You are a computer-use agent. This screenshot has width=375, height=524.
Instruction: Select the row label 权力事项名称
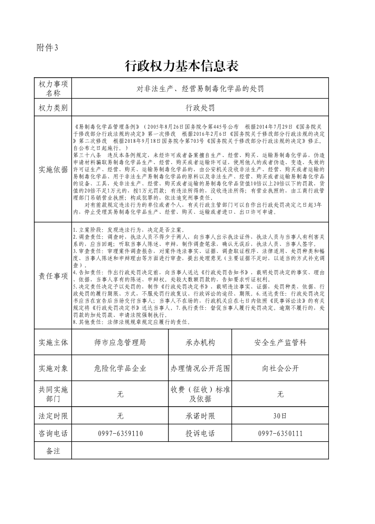[x=53, y=88]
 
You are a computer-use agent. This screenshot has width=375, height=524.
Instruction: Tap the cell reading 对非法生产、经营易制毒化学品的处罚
[x=200, y=88]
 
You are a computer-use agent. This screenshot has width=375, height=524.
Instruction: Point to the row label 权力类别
[x=53, y=108]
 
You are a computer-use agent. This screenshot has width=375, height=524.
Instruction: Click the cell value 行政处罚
[x=200, y=108]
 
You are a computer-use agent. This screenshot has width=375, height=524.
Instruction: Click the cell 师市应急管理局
[x=120, y=343]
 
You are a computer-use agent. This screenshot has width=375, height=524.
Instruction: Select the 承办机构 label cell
[x=200, y=343]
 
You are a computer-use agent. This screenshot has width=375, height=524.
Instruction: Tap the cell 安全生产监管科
[x=280, y=343]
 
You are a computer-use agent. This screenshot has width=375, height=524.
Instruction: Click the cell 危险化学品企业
[x=120, y=368]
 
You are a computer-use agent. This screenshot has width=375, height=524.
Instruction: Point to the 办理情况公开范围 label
[x=200, y=368]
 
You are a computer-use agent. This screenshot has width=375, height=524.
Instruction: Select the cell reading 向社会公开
[x=280, y=368]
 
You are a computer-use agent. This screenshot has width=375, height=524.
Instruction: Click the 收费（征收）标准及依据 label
[x=200, y=394]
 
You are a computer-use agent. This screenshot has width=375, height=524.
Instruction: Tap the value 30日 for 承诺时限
[x=280, y=416]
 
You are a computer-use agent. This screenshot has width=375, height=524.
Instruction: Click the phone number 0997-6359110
[x=120, y=433]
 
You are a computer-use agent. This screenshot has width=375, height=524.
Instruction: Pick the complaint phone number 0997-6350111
[x=280, y=433]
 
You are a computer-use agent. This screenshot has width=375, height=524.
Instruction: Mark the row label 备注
[x=53, y=451]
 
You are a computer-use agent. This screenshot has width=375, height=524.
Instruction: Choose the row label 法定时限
[x=53, y=416]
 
